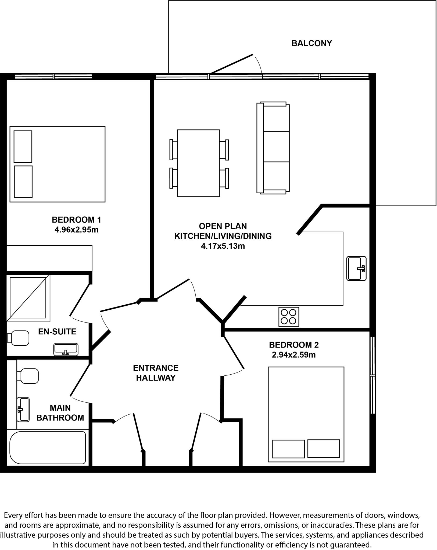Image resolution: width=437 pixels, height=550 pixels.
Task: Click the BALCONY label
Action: coord(311,43)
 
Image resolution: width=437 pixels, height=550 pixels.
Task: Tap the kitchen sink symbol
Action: coord(356,268)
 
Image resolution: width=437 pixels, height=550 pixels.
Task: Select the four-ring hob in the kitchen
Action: coord(289,317)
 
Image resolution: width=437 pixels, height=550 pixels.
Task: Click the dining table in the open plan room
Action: coord(198,163)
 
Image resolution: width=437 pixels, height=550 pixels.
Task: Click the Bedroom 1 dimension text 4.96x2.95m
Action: coord(76,230)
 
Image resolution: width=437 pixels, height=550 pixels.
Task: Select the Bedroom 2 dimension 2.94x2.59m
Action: coord(293,355)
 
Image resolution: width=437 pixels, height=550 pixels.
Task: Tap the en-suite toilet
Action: coord(18,338)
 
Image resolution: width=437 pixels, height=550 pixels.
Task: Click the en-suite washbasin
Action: coord(66,349)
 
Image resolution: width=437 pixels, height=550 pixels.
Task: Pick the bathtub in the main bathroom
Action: coord(48,447)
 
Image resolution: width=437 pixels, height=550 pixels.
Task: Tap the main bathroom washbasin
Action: coord(23,410)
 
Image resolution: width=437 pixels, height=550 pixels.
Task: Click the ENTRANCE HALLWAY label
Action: coord(156,373)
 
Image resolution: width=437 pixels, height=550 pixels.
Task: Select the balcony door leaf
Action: coord(231,64)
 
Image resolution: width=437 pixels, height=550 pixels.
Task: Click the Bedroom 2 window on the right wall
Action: coord(372,375)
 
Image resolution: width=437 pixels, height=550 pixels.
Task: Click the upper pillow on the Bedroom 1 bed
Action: coord(23,147)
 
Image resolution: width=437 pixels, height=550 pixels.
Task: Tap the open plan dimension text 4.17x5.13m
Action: coord(223,246)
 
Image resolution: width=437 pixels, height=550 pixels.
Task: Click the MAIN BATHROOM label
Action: coord(60,413)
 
